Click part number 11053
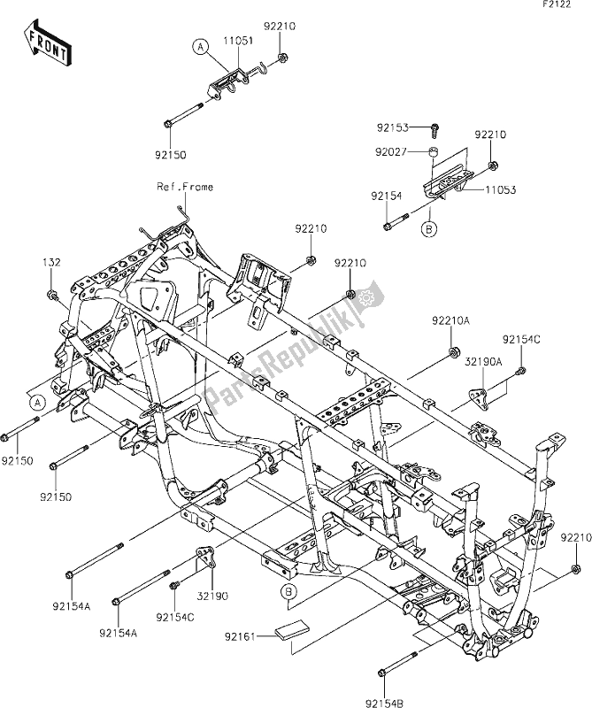pos(500,189)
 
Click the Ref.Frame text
pos(185,187)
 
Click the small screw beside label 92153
pos(435,129)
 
